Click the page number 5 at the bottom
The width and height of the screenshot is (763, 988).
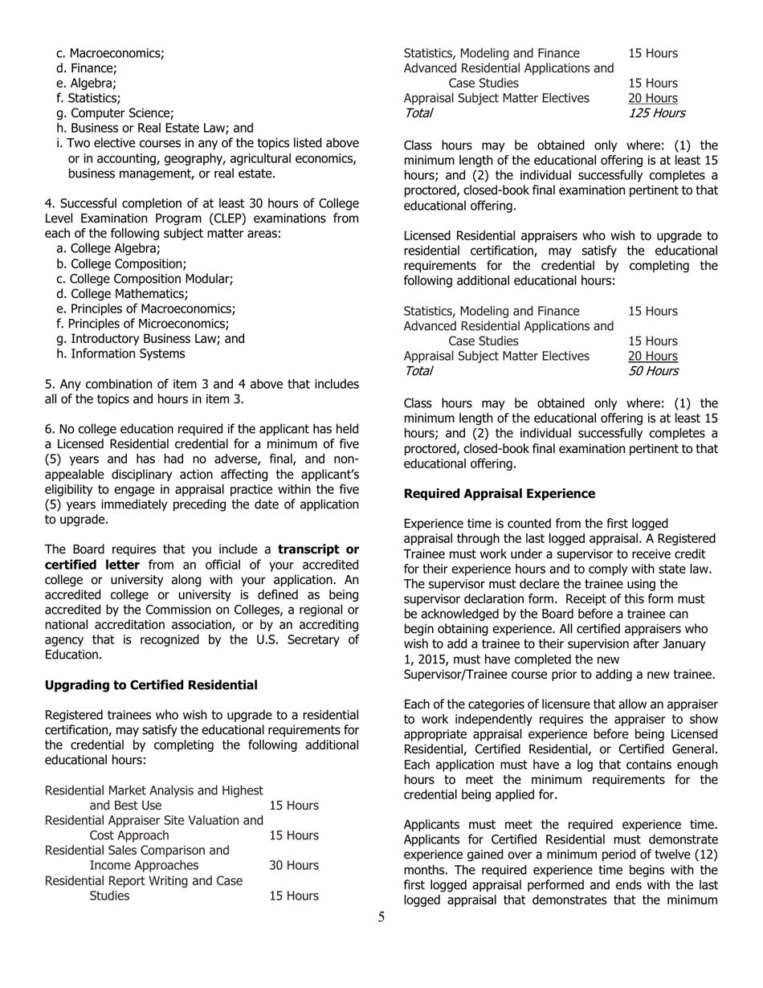pos(381,917)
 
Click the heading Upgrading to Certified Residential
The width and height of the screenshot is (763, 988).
pos(151,684)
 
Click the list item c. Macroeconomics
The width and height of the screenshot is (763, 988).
pos(110,53)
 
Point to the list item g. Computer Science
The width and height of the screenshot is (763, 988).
pos(115,113)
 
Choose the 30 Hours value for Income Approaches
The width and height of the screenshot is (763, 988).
pos(294,865)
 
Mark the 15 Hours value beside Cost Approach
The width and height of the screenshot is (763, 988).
pos(294,835)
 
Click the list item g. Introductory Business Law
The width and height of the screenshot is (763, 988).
pos(150,338)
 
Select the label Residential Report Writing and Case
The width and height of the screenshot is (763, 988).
pos(143,880)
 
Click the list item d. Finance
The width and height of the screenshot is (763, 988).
pos(87,68)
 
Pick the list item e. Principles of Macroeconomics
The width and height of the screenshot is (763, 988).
pos(145,308)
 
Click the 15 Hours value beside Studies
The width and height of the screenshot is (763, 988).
pos(294,895)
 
